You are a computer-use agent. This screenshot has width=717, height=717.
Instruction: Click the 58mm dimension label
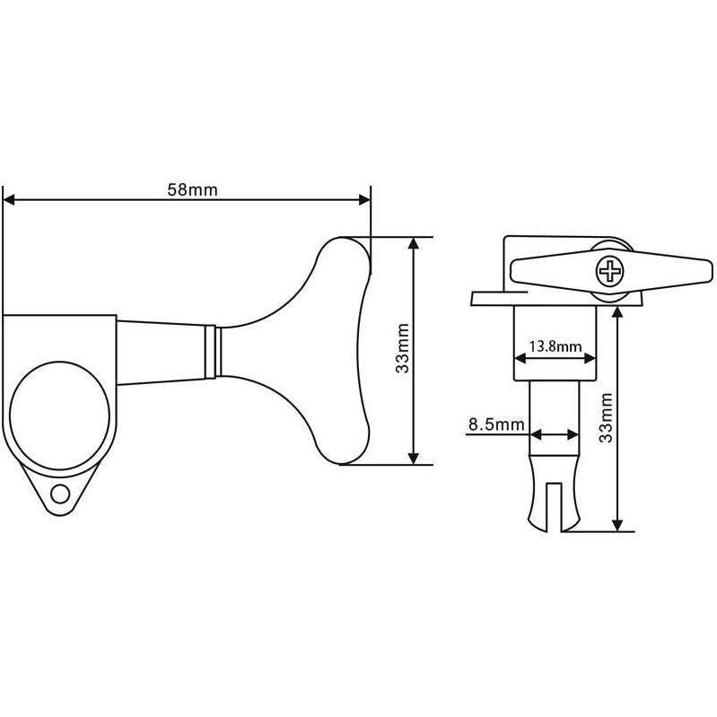[193, 189]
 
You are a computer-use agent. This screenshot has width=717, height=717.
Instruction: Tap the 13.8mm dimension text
[555, 346]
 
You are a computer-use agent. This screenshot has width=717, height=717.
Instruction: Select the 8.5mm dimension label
[496, 424]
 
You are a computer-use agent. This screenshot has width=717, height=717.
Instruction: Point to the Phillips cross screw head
[610, 271]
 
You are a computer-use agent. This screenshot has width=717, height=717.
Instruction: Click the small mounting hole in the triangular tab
[60, 494]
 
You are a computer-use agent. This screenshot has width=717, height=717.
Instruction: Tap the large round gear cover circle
[59, 415]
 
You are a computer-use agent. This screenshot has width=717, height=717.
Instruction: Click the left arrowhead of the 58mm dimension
[9, 200]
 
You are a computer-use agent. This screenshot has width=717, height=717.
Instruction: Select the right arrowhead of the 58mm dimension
[364, 200]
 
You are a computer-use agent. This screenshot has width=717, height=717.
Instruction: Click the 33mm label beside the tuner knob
[402, 348]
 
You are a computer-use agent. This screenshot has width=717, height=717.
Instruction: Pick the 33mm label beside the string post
[606, 417]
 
